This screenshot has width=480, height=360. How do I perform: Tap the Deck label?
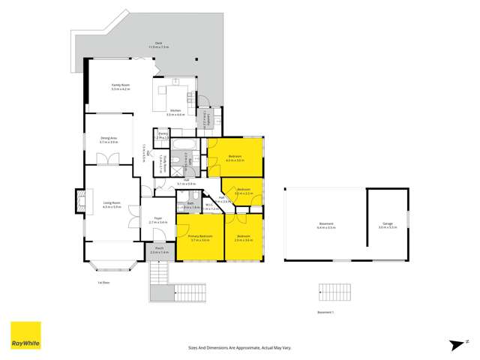coord(158,44)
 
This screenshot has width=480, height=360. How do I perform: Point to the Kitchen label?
coord(175,111)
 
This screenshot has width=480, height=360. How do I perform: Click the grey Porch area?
coord(159,250)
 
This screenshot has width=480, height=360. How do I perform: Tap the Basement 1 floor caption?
coord(325,310)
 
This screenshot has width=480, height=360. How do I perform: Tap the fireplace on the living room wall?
coord(78,201)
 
